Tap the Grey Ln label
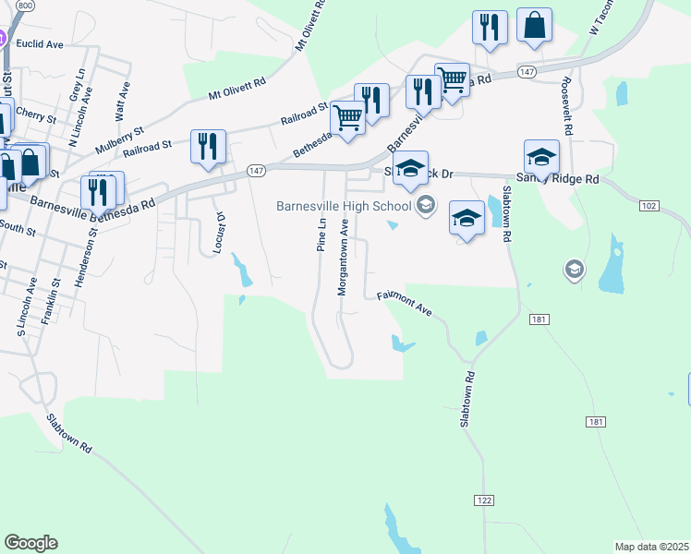click(77, 85)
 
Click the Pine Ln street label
click(321, 235)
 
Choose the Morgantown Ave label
click(343, 257)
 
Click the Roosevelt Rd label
click(565, 102)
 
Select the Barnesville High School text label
click(343, 205)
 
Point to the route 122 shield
click(484, 500)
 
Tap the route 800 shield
click(25, 6)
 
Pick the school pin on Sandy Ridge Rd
click(541, 156)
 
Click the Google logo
click(30, 543)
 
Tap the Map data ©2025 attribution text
click(651, 547)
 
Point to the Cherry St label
click(37, 115)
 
